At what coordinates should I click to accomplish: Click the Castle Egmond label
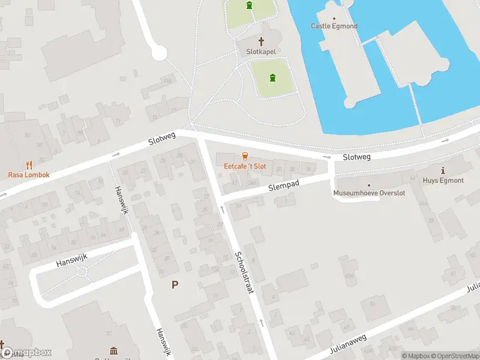[x=334, y=26]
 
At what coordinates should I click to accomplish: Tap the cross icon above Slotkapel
[x=261, y=41]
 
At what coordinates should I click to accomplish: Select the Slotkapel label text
[x=261, y=52]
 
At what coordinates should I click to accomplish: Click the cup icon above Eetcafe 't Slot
[x=245, y=156]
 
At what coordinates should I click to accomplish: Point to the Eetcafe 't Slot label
[x=245, y=166]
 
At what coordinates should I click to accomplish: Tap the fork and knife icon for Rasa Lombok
[x=29, y=164]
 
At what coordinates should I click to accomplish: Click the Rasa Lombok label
[x=29, y=175]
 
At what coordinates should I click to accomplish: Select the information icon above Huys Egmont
[x=443, y=170]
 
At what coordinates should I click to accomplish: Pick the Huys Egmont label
[x=443, y=180]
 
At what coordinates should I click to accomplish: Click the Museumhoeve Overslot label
[x=369, y=193]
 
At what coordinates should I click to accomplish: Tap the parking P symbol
[x=175, y=285]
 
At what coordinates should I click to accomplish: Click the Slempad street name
[x=283, y=187]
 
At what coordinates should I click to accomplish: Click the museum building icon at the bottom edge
[x=114, y=352]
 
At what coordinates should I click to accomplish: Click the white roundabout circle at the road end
[x=158, y=54]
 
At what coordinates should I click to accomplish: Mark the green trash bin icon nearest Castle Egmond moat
[x=273, y=77]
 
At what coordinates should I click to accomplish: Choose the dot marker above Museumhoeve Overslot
[x=369, y=185]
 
